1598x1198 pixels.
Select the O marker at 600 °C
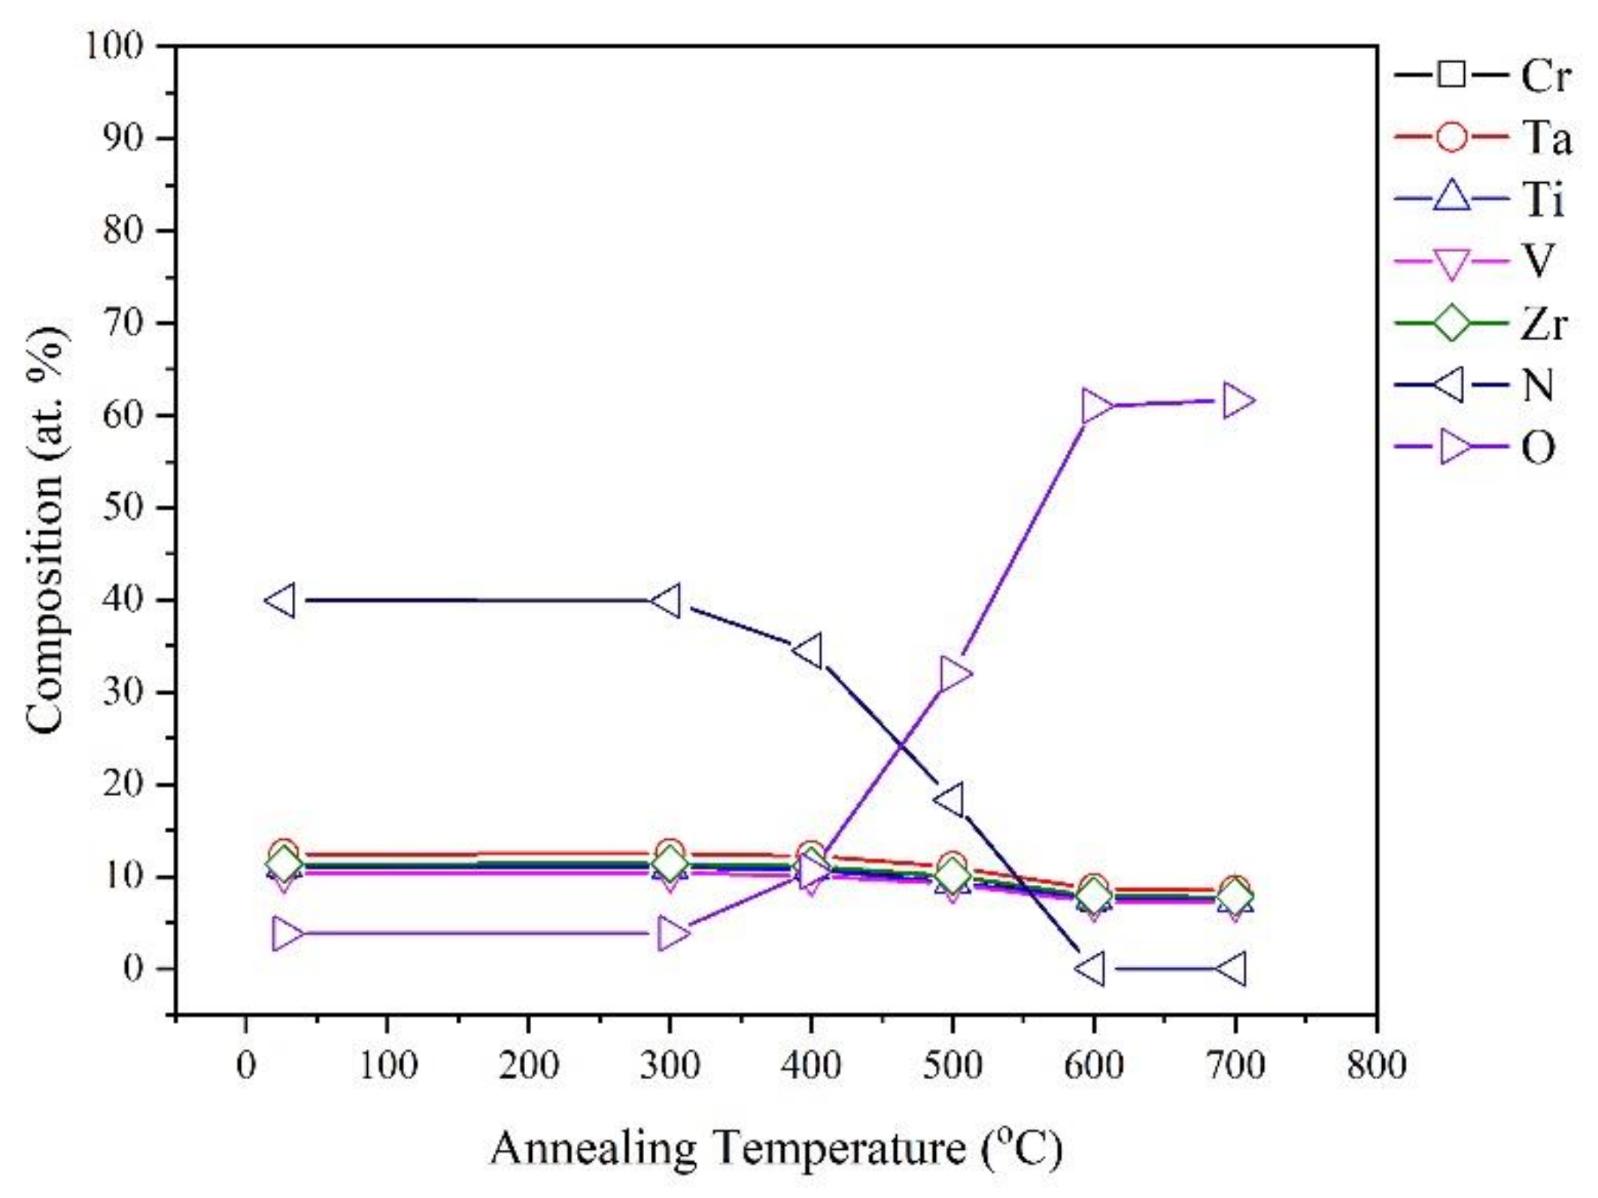[1096, 407]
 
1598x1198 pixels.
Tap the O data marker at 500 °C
[954, 673]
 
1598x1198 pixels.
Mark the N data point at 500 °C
[950, 800]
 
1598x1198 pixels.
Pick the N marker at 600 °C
[1091, 968]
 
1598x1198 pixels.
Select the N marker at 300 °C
[667, 601]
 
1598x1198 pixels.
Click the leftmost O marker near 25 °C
[287, 934]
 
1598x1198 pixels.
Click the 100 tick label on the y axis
[114, 47]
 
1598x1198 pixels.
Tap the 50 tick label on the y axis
[123, 508]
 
